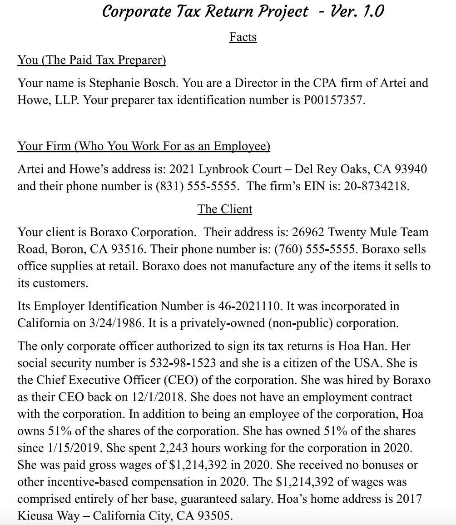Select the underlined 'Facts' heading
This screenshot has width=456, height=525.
click(x=243, y=37)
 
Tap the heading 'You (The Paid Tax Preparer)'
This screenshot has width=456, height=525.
click(x=92, y=60)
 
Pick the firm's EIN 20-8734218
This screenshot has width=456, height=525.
click(x=376, y=187)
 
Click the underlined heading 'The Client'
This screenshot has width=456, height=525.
click(x=224, y=209)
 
